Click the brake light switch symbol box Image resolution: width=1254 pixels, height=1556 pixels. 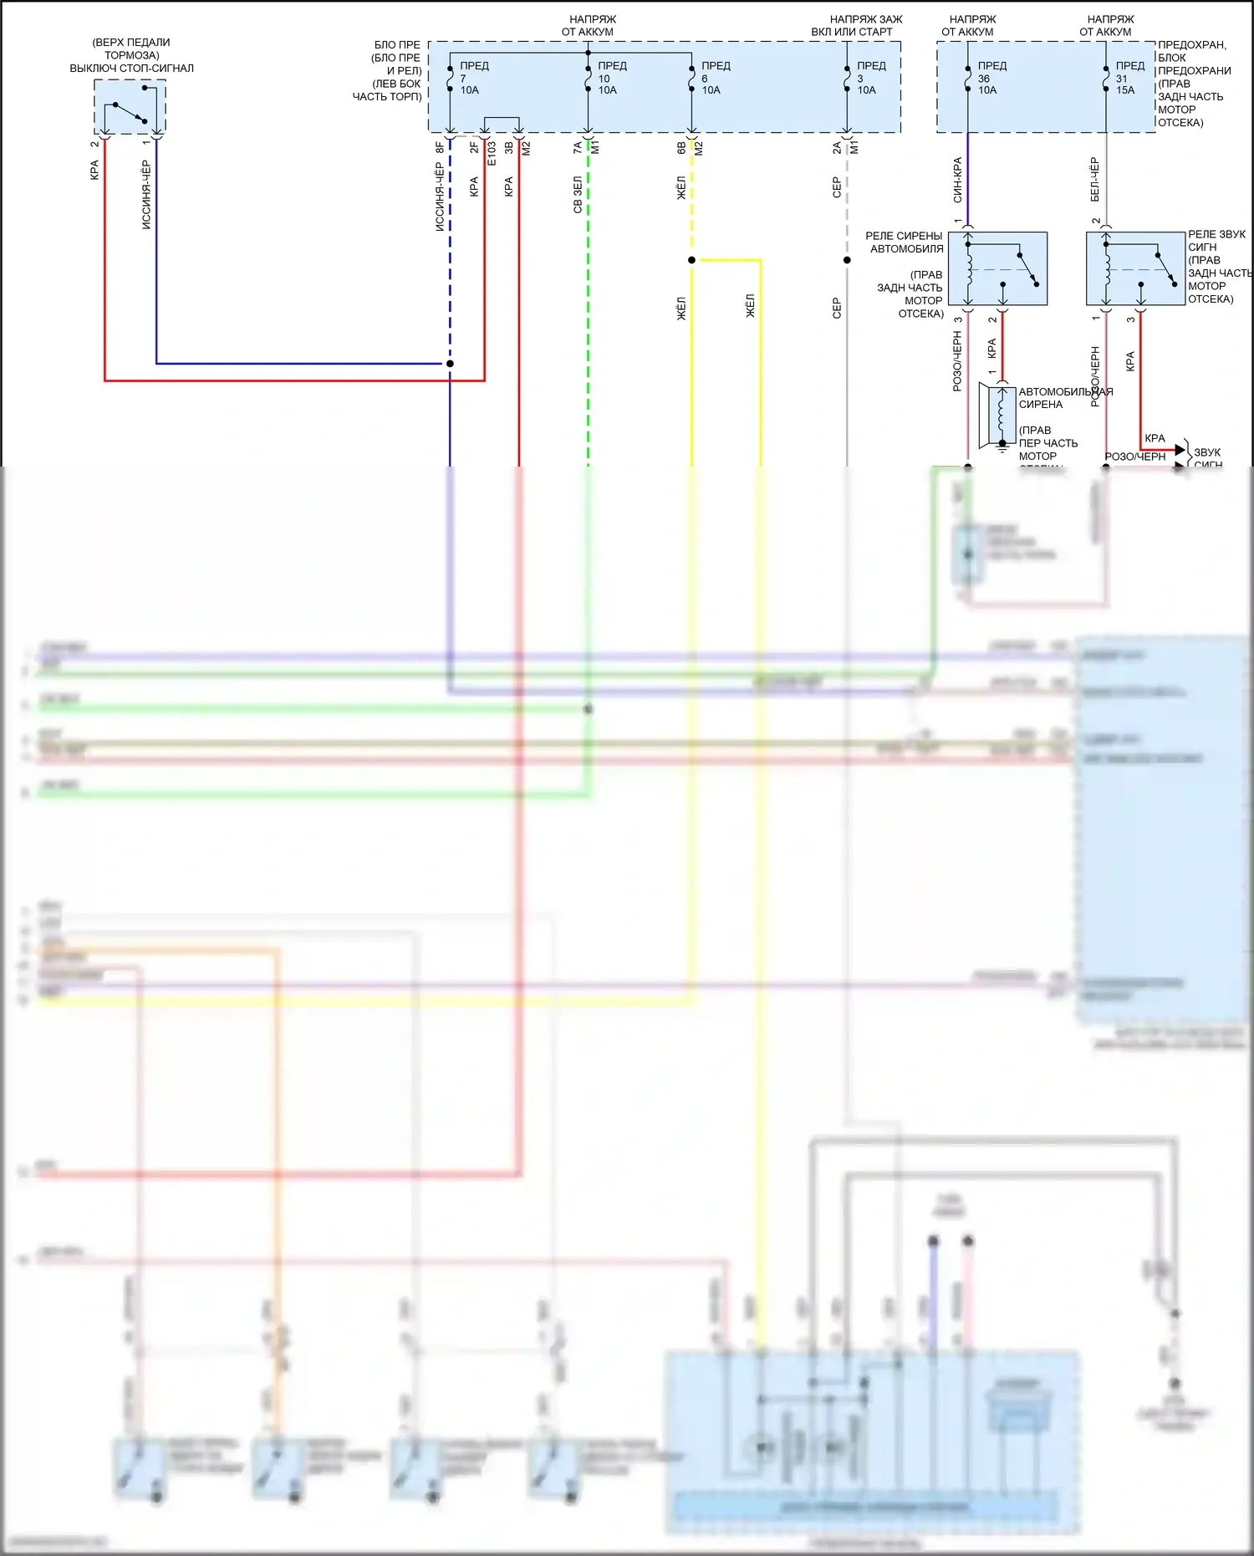click(130, 106)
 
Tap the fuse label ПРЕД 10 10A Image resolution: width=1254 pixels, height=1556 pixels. click(610, 78)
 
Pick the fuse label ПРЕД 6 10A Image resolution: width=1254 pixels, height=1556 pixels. click(714, 78)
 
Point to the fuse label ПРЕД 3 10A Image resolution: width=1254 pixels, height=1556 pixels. click(869, 78)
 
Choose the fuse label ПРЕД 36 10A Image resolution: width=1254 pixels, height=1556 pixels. click(991, 78)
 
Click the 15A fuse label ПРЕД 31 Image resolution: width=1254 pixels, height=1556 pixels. click(1129, 78)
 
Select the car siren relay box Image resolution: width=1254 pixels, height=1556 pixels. click(997, 268)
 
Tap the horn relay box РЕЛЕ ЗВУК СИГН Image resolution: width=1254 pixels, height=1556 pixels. click(1135, 268)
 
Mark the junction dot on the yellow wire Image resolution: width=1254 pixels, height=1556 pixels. click(691, 260)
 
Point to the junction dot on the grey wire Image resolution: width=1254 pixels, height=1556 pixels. click(847, 260)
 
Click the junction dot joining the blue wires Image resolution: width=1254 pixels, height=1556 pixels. click(450, 364)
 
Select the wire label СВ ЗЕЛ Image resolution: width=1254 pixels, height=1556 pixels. click(577, 195)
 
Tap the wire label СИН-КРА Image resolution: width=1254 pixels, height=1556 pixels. click(957, 180)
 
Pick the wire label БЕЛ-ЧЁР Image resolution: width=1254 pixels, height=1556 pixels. click(1094, 180)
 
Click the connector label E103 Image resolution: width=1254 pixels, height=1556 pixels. click(492, 154)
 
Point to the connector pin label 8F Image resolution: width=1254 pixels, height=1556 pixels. click(440, 148)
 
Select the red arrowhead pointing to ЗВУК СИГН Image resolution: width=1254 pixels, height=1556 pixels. click(1180, 451)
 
